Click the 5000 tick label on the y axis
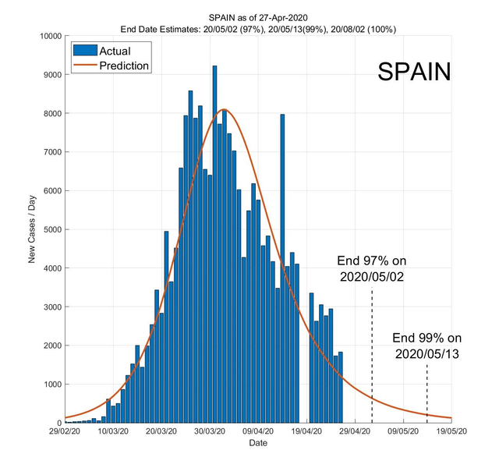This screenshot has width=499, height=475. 52,229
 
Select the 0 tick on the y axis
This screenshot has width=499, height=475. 58,423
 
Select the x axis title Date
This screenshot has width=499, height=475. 258,443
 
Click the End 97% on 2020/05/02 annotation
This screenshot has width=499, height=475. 371,268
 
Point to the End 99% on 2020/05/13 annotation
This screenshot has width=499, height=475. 426,346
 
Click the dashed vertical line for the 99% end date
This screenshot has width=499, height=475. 426,394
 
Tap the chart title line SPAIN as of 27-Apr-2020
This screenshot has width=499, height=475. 258,16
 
